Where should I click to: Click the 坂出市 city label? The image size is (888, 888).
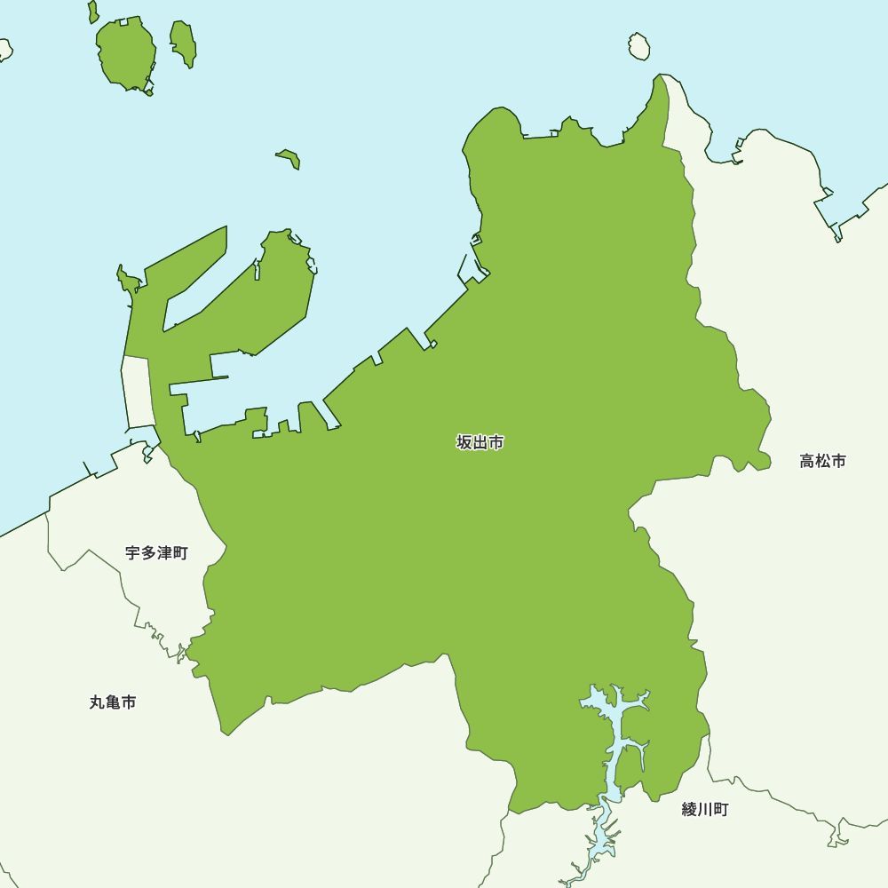pos(480,442)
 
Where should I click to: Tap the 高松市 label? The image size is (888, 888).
pos(822,461)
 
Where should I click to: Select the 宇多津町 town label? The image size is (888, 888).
pos(156,553)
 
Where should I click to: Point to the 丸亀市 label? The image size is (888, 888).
pos(113,702)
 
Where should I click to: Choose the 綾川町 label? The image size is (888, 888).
pos(705,809)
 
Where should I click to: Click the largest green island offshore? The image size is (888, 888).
pos(126,53)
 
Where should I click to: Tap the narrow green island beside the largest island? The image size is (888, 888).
pos(184,42)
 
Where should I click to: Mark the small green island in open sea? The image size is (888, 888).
pos(289,158)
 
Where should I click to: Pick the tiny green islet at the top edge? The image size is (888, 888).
pos(93,12)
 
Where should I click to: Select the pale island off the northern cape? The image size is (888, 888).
pos(639,46)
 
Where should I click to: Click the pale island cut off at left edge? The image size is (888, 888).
pos(4,49)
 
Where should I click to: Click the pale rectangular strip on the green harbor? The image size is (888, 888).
pos(137,391)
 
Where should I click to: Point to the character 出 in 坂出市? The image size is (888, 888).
pos(480,442)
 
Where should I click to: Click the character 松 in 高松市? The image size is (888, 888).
pos(822,461)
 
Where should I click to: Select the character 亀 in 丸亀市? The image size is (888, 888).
pos(113,702)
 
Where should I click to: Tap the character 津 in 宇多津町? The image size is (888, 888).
pos(164,553)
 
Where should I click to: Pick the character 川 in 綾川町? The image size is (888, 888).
pos(705,809)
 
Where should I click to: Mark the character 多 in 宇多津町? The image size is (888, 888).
pos(148,553)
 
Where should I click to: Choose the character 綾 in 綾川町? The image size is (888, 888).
pos(690,809)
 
